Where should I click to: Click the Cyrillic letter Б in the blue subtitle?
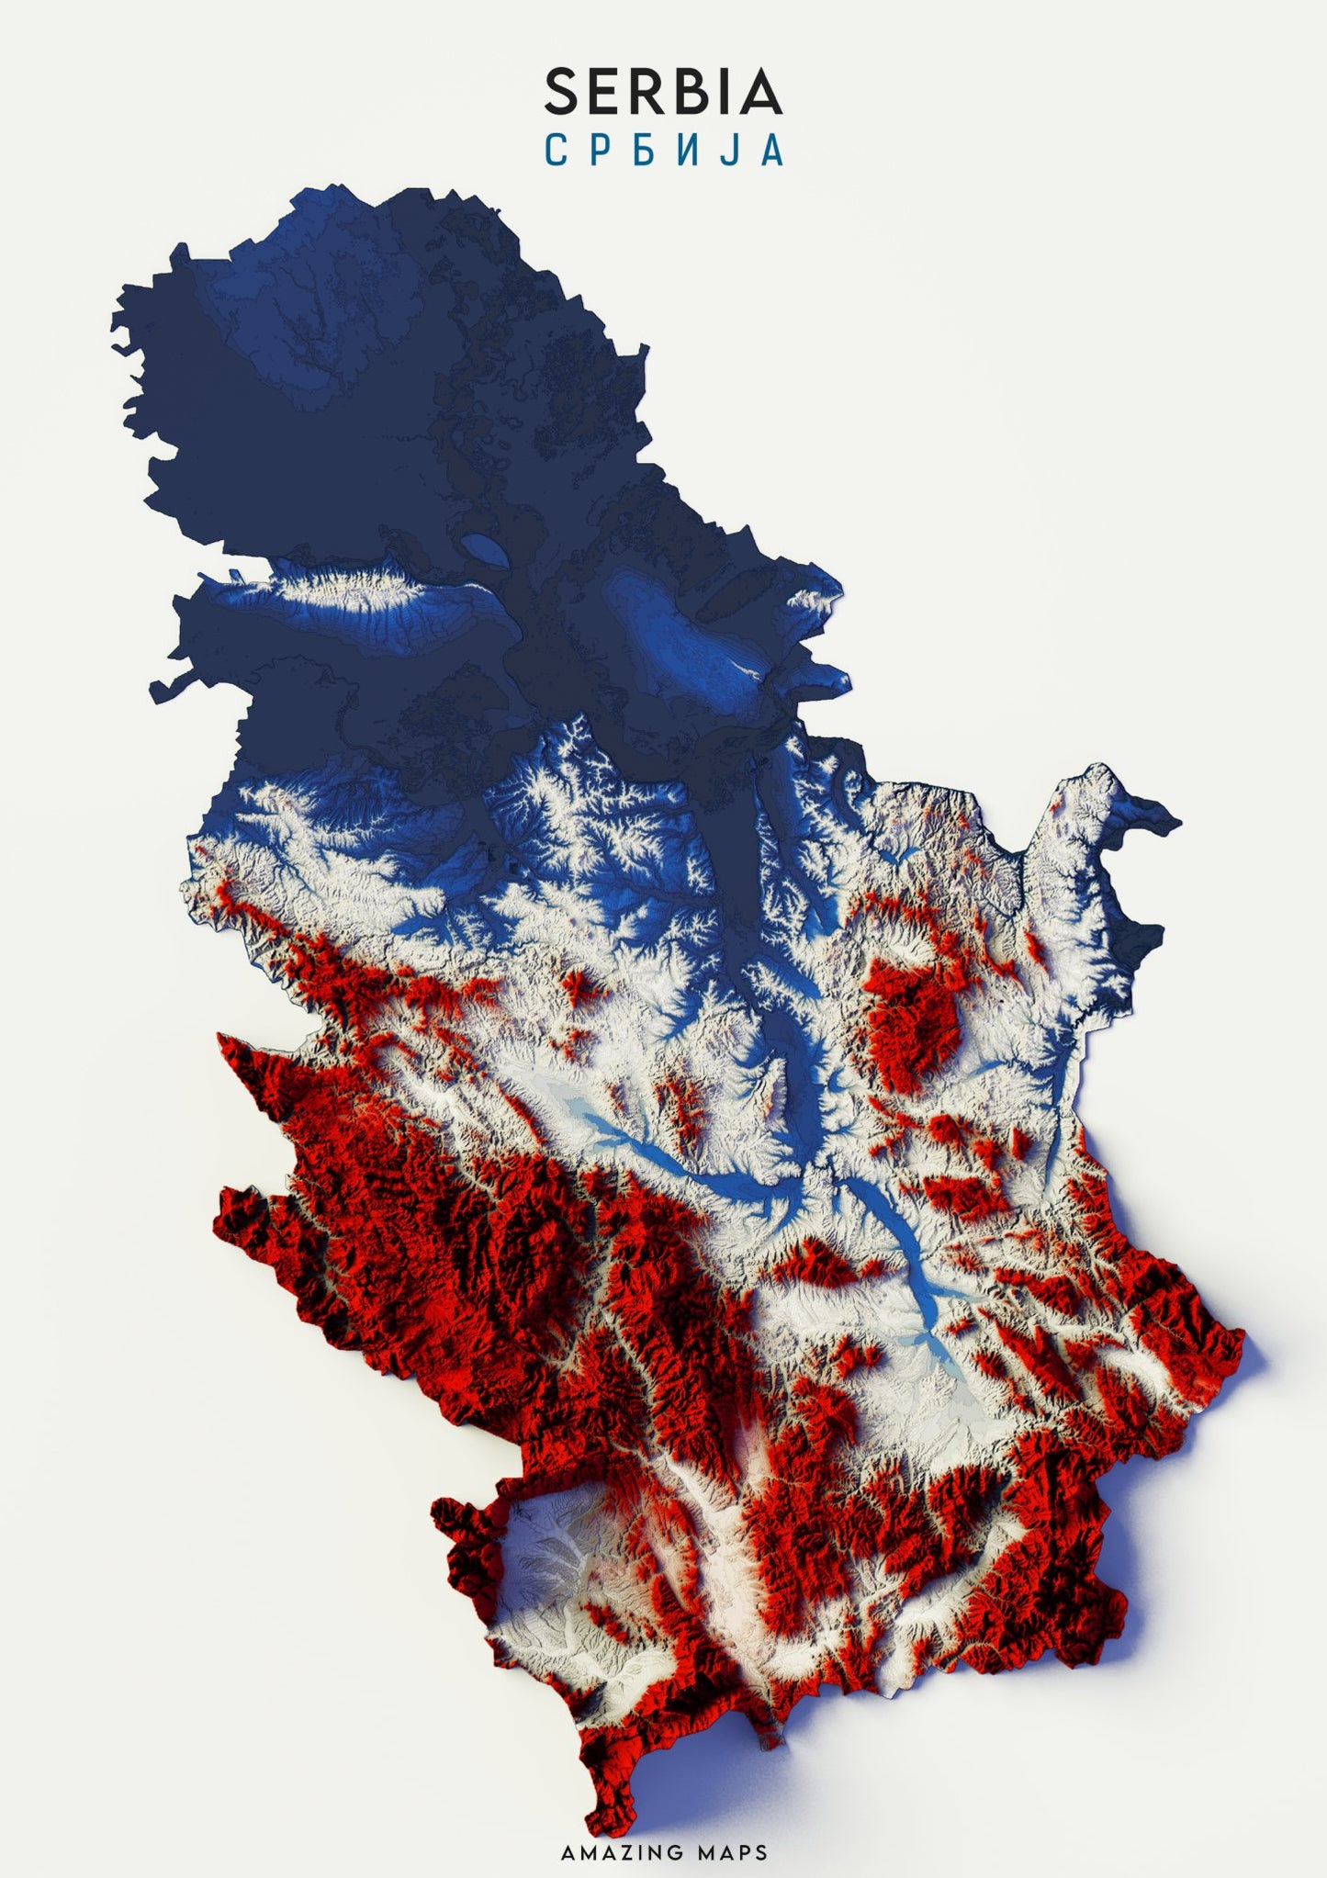(x=642, y=150)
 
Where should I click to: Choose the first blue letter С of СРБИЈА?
(x=556, y=150)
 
